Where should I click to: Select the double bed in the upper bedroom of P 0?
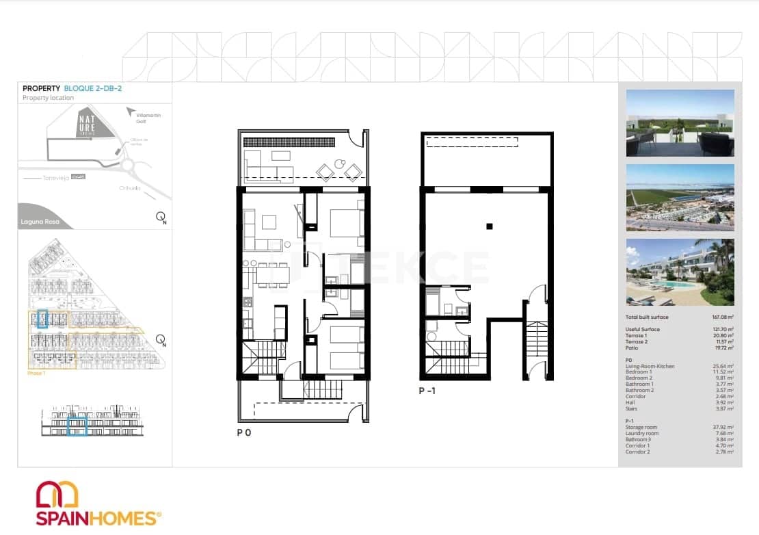coord(347,222)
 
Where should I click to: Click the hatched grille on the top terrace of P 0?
coord(289,142)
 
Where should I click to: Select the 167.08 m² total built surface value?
coord(721,317)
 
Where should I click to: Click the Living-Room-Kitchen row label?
coord(650,366)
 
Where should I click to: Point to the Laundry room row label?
coord(642,434)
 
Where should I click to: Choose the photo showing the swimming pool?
coord(680,272)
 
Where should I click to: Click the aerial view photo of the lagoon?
coord(680,198)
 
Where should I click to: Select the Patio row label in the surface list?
coord(632,348)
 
